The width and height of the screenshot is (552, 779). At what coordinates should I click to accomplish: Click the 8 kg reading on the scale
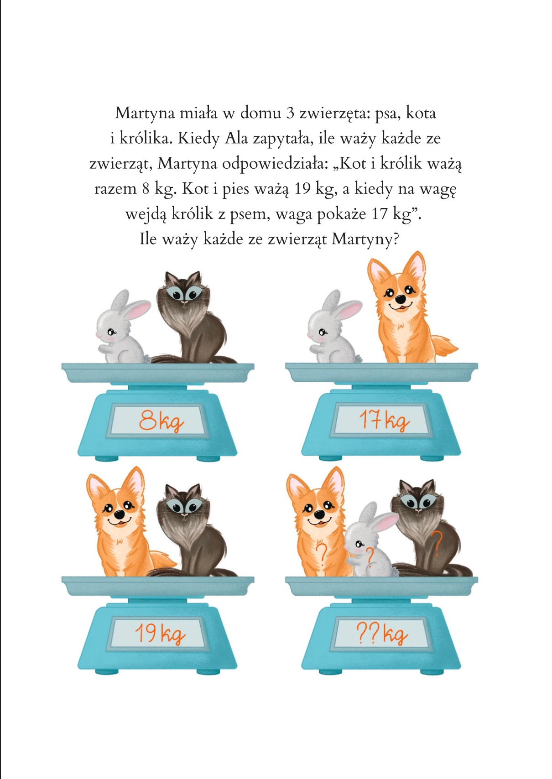[161, 421]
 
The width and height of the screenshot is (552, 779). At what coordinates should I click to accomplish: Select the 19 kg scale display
[160, 634]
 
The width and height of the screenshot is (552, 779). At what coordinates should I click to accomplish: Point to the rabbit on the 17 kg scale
[334, 327]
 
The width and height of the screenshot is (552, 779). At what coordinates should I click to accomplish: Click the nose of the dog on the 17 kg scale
[401, 298]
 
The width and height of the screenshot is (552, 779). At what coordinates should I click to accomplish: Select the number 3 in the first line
[290, 114]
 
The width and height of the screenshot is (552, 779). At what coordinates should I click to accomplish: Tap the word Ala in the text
[236, 138]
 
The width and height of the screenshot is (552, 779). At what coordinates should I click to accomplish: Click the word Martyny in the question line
[365, 239]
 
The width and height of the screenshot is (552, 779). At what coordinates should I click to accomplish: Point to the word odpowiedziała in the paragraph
[275, 164]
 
